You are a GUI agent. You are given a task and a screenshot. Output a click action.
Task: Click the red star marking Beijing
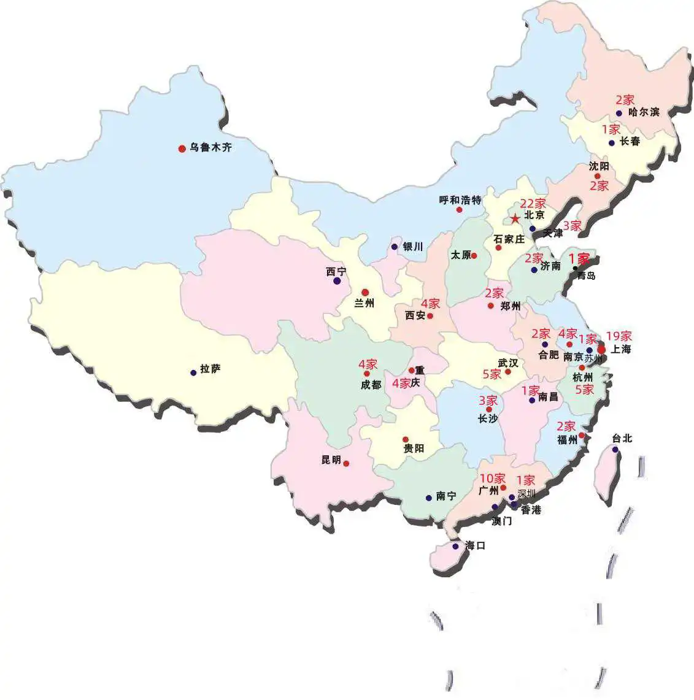(515, 219)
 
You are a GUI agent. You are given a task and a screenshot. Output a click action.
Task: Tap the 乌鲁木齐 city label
(210, 148)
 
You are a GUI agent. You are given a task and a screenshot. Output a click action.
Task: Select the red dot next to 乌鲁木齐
(182, 148)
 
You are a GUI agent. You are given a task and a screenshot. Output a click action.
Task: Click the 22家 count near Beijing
(533, 204)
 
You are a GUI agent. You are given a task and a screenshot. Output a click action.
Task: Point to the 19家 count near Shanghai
(619, 336)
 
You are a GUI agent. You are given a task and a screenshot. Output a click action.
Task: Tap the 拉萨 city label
(210, 369)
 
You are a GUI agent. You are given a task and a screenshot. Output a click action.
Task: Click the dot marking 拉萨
(193, 372)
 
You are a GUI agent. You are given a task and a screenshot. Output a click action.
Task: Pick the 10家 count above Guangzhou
(492, 478)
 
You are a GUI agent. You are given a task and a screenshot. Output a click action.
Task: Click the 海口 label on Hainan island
(475, 545)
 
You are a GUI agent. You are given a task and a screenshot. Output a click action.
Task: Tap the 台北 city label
(622, 439)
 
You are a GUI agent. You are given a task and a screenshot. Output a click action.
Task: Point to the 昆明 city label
(331, 460)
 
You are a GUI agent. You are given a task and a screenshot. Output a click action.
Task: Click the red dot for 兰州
(365, 292)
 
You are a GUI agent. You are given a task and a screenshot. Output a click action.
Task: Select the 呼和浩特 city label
(460, 200)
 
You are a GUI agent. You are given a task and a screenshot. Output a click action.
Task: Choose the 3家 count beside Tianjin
(572, 226)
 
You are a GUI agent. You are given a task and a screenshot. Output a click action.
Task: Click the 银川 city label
(413, 247)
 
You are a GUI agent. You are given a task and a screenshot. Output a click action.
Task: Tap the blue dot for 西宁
(337, 281)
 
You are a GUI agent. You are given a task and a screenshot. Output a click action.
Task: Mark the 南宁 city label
(446, 496)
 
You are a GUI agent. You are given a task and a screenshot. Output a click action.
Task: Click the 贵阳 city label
(414, 448)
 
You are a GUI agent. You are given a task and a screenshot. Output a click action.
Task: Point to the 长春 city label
(630, 142)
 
